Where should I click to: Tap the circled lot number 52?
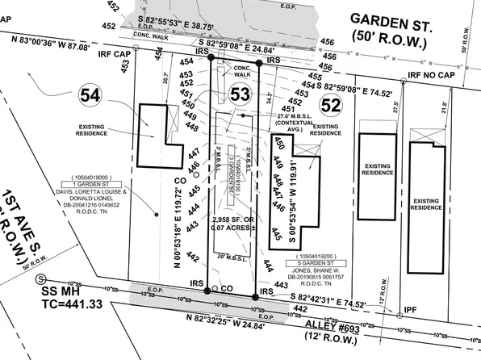(331, 103)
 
